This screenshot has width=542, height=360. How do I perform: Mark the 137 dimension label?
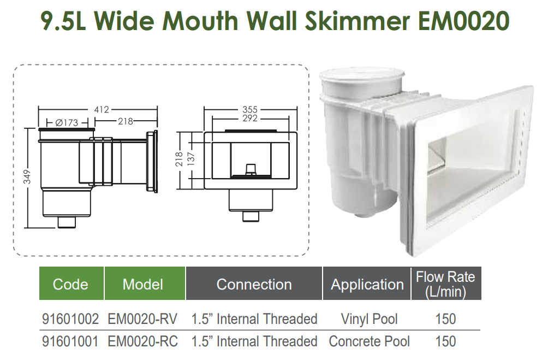192,157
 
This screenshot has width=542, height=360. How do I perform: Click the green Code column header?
70,284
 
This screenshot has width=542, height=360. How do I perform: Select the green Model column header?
143,284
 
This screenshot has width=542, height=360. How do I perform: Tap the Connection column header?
254,284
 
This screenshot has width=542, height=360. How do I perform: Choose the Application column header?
367,284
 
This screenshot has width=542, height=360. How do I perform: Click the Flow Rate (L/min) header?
445,284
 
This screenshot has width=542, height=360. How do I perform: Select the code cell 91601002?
70,319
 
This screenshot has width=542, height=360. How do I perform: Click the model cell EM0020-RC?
143,342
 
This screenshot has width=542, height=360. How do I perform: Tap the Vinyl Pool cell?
369,319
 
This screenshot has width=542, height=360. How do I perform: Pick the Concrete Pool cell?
369,342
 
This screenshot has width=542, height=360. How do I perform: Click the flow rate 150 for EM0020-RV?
445,319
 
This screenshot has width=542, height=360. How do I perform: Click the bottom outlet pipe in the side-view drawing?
67,222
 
